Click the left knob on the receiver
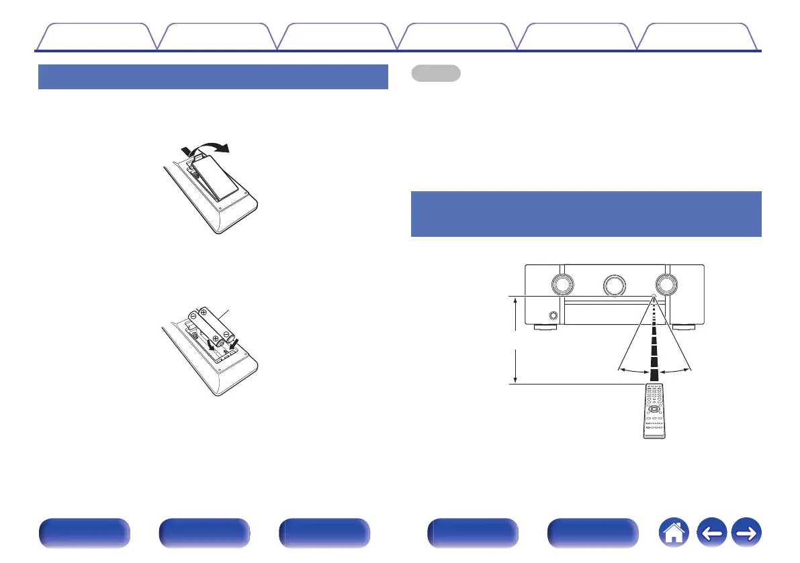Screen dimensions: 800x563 pos(562,285)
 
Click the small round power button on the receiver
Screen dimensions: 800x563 pos(552,315)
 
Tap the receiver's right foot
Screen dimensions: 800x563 pos(684,329)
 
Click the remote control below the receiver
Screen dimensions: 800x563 pos(654,411)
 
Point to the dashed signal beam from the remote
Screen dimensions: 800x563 pos(653,342)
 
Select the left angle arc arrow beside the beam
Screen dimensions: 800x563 pos(633,370)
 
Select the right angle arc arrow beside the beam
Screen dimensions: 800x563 pos(674,370)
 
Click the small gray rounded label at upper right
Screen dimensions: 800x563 pos(435,73)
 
